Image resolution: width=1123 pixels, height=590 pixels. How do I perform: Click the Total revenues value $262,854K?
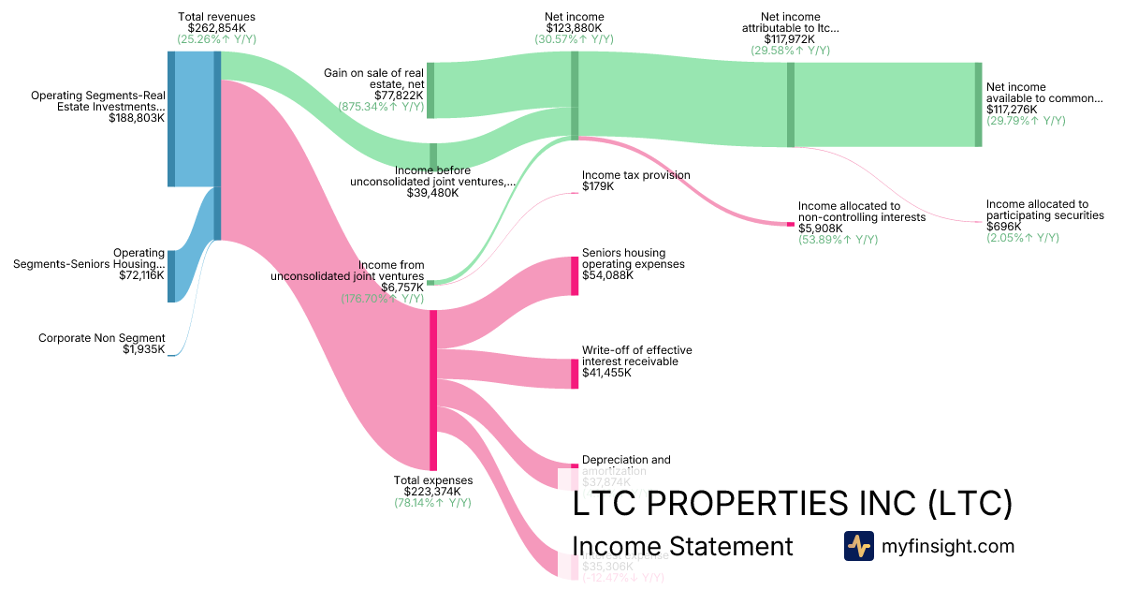[216, 28]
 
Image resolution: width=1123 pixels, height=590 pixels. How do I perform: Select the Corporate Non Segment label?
[101, 338]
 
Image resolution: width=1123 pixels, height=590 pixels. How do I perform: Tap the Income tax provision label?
[635, 175]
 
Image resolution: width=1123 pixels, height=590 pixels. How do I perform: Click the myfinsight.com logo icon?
[858, 546]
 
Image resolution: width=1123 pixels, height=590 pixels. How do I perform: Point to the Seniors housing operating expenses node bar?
[575, 275]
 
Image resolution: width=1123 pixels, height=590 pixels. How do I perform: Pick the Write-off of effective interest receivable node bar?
[575, 374]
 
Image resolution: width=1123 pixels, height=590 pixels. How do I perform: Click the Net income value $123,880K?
[575, 28]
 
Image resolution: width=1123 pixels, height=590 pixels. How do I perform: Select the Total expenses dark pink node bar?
[433, 390]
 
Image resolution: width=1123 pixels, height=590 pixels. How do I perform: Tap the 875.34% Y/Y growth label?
[381, 107]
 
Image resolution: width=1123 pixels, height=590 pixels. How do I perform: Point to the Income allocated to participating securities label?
[1044, 210]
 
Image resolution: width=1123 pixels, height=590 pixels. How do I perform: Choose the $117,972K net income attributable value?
[790, 39]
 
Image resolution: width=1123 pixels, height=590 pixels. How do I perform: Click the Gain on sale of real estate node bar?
[430, 90]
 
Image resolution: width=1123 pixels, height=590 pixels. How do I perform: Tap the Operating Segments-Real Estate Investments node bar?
[171, 119]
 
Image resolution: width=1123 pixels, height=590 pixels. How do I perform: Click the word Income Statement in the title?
[681, 547]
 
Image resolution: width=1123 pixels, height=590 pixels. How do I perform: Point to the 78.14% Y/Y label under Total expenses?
[432, 503]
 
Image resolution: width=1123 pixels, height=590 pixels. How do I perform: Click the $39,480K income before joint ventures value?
[432, 193]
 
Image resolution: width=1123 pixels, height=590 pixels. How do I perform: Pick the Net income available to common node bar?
[978, 104]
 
